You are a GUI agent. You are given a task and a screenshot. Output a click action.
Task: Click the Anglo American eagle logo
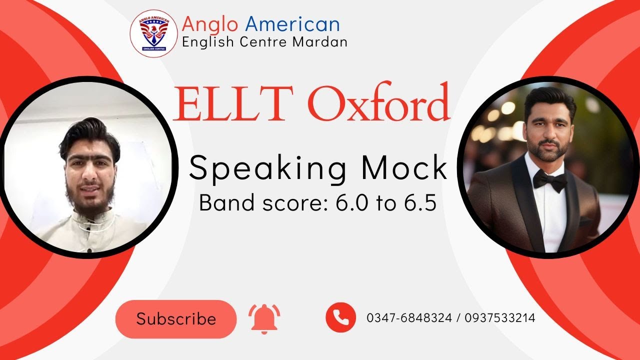153,33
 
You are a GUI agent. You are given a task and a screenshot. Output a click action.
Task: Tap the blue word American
292,24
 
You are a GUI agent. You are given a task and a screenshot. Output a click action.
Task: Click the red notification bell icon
264,318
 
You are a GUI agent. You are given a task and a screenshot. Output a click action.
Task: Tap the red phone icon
340,317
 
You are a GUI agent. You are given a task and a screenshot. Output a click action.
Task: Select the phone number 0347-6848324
408,318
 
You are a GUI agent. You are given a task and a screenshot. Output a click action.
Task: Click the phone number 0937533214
500,318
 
